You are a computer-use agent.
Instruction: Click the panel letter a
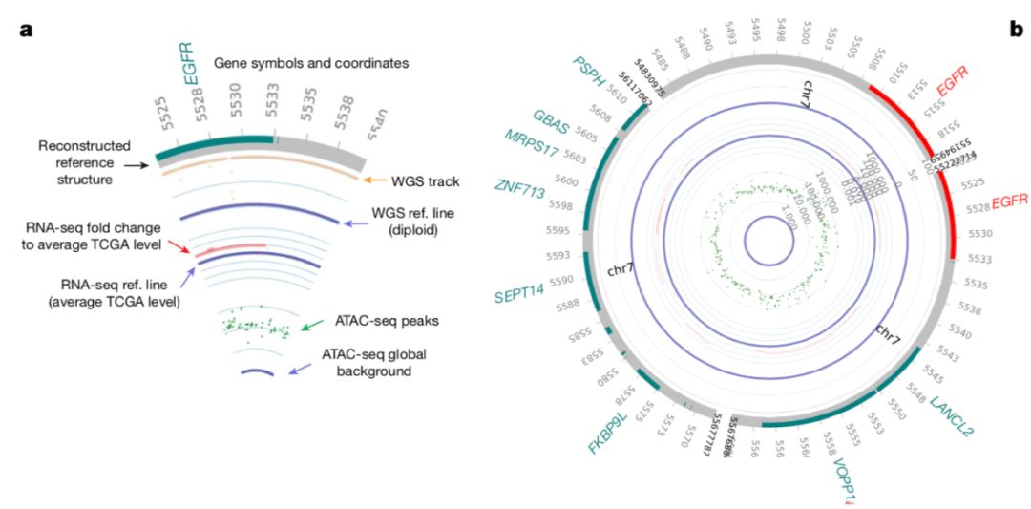(26, 30)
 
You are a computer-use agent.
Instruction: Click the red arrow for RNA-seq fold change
(181, 247)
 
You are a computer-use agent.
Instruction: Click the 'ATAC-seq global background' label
(373, 362)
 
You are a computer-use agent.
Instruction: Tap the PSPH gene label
(589, 71)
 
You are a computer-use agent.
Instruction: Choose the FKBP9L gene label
(609, 431)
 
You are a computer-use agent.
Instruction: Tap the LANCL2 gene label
(953, 416)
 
